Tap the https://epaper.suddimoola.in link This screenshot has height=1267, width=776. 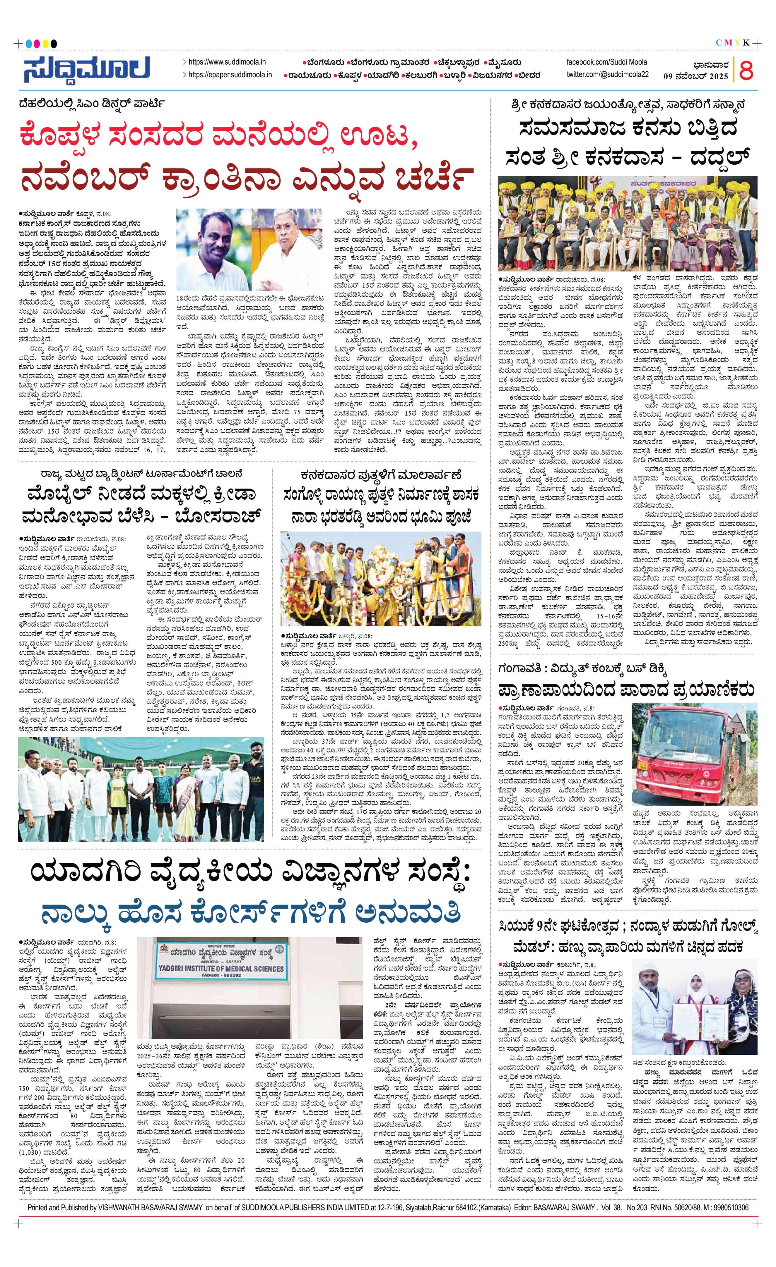click(x=230, y=75)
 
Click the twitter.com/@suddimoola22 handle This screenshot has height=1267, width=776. click(x=607, y=75)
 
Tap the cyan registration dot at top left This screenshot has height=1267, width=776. click(x=29, y=44)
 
